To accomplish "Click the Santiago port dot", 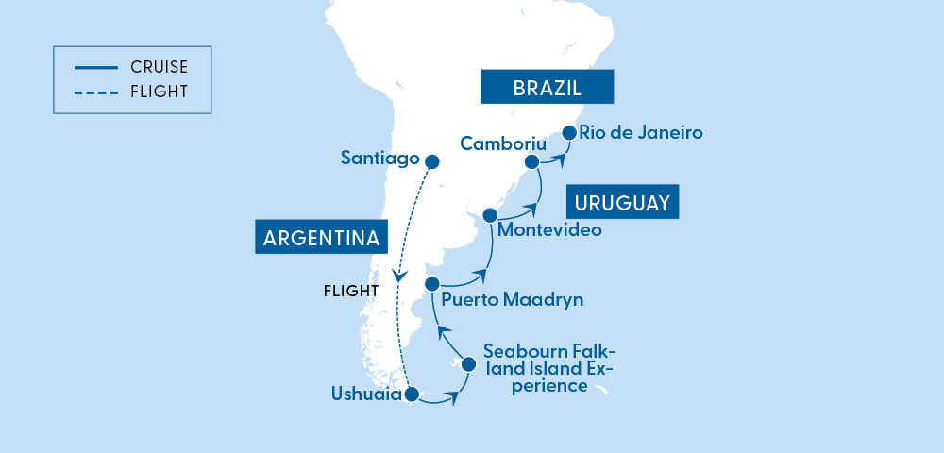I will pos(433,160).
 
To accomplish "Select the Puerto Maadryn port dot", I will pos(432,283).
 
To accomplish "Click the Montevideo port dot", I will pos(489,215).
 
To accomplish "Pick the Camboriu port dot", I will pos(532,162).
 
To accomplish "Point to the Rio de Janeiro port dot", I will pos(569,133).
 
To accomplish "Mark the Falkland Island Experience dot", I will pos(467,362).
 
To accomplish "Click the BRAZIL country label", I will pos(548,88).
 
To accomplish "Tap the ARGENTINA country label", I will pos(322,237).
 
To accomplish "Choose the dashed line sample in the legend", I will pos(93,92).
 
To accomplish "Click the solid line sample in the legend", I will pos(93,68).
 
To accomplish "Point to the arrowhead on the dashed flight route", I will pos(400,277).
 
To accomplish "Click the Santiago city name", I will pos(380,159).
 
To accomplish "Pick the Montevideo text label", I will pos(548,229).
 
